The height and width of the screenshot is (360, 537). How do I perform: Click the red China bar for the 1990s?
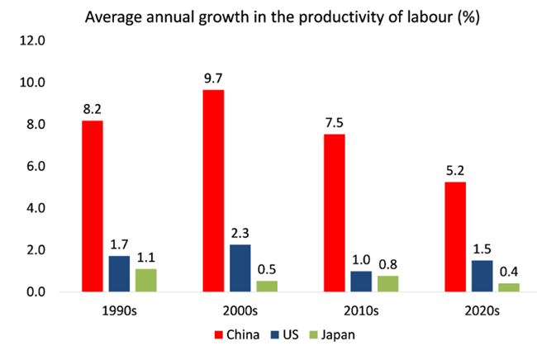[x=92, y=206]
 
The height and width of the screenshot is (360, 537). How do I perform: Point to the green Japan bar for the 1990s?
[x=145, y=281]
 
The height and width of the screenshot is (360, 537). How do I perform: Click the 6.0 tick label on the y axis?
[x=34, y=167]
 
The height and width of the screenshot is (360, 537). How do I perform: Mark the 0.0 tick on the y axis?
[x=34, y=292]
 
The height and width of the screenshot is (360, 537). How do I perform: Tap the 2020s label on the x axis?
[x=482, y=312]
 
